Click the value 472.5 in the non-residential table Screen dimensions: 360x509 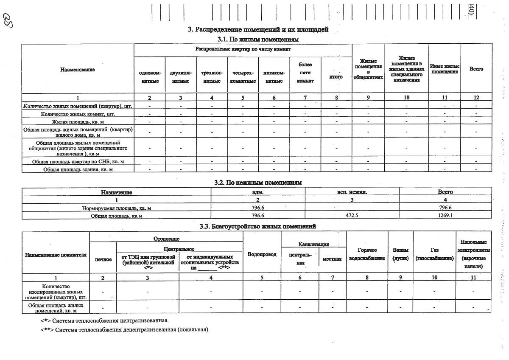tap(352, 216)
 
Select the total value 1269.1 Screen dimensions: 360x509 tap(445, 216)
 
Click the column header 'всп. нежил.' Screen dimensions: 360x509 tap(352, 192)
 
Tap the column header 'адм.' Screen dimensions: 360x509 tap(258, 192)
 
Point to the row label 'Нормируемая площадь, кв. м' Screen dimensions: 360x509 tap(116, 208)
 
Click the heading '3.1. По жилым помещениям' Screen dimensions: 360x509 tap(258, 39)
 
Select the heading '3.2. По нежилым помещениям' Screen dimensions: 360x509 tap(258, 183)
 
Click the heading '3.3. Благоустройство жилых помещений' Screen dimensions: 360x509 tap(258, 226)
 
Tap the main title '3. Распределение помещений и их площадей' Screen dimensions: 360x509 tap(258, 30)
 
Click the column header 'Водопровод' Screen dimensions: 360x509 tap(262, 254)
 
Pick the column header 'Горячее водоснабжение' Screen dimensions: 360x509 tap(367, 254)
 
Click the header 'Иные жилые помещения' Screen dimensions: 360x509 tap(445, 69)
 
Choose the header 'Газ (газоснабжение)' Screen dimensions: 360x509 tap(434, 254)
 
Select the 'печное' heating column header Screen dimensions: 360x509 tap(103, 259)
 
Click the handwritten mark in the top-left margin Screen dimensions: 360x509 tap(8, 20)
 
